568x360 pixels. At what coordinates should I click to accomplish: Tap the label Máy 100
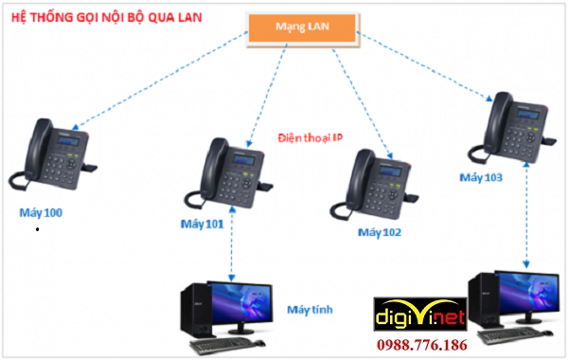[41, 212]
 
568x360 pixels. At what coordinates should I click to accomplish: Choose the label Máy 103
[481, 177]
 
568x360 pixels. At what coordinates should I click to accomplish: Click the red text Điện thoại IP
[311, 137]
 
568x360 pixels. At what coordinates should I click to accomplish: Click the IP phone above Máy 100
[53, 156]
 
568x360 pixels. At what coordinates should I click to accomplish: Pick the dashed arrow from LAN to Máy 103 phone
[426, 70]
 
